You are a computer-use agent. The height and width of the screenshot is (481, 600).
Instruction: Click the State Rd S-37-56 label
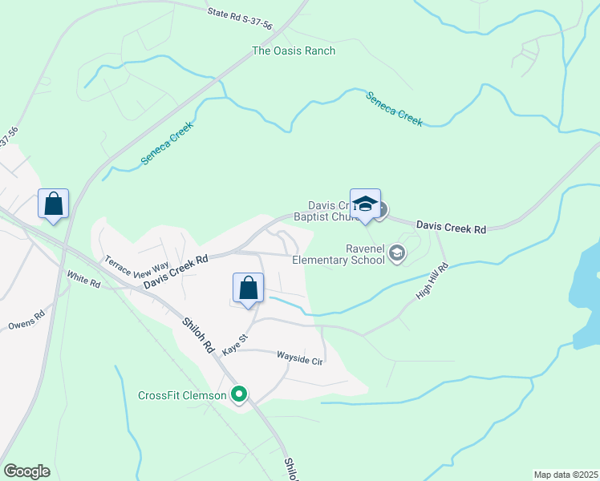click(239, 19)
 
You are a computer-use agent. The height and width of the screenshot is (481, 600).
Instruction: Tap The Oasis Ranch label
click(294, 51)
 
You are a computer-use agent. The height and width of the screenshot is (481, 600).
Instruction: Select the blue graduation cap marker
click(365, 204)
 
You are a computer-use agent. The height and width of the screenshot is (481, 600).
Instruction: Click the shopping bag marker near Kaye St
click(249, 289)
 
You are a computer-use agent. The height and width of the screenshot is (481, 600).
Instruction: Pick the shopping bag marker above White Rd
click(54, 204)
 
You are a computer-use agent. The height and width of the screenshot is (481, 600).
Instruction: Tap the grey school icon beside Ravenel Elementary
click(396, 254)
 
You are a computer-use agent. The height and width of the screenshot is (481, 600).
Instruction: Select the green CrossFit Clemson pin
click(238, 394)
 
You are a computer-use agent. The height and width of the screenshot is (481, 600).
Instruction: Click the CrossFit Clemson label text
click(183, 395)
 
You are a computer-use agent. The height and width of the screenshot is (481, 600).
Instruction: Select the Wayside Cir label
click(299, 358)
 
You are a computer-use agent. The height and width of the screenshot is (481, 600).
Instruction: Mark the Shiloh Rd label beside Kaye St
click(197, 335)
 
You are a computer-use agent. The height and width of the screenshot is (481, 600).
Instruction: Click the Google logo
click(26, 471)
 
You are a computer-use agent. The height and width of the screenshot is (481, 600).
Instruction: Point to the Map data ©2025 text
click(565, 475)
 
